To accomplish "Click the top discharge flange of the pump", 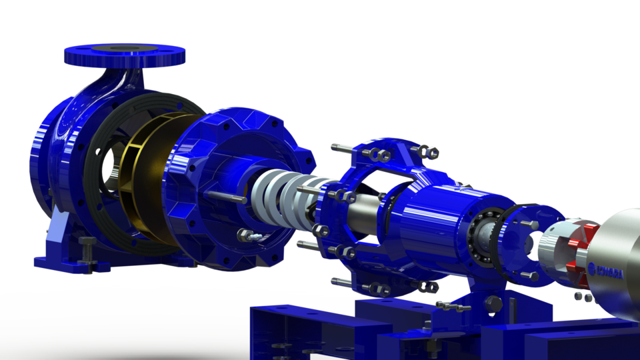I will point(124,54).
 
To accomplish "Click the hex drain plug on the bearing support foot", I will point(494,304).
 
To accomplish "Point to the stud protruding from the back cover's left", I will point(219,196).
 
